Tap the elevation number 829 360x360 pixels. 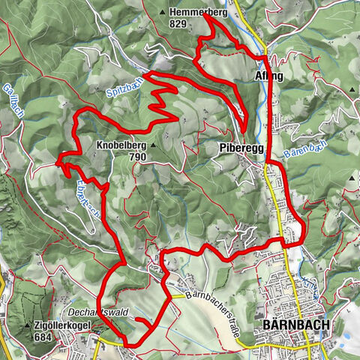click(x=178, y=23)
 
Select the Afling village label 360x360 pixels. click(x=268, y=76)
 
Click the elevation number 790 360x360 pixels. click(x=137, y=157)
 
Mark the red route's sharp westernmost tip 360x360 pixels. click(x=57, y=160)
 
